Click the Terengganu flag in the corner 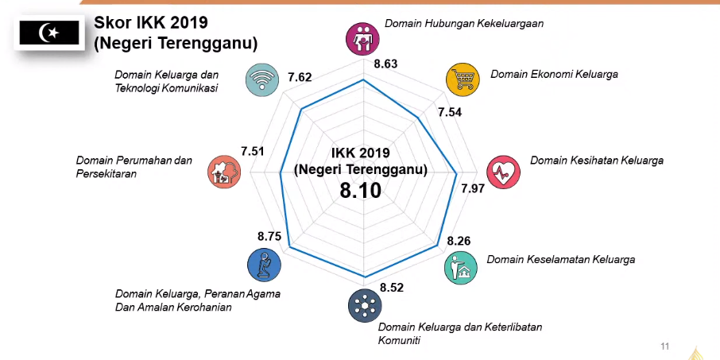pyautogui.click(x=49, y=32)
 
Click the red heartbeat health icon pyautogui.click(x=502, y=171)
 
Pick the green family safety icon pyautogui.click(x=461, y=268)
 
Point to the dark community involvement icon pyautogui.click(x=364, y=306)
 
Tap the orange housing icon pyautogui.click(x=223, y=171)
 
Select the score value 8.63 pyautogui.click(x=385, y=64)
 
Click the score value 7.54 pyautogui.click(x=450, y=112)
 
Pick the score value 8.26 pyautogui.click(x=459, y=241)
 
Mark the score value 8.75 pyautogui.click(x=269, y=236)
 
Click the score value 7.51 pyautogui.click(x=252, y=152)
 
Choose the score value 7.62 pyautogui.click(x=300, y=77)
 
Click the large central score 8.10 pyautogui.click(x=360, y=191)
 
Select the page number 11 pyautogui.click(x=665, y=346)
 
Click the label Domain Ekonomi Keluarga pyautogui.click(x=554, y=74)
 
